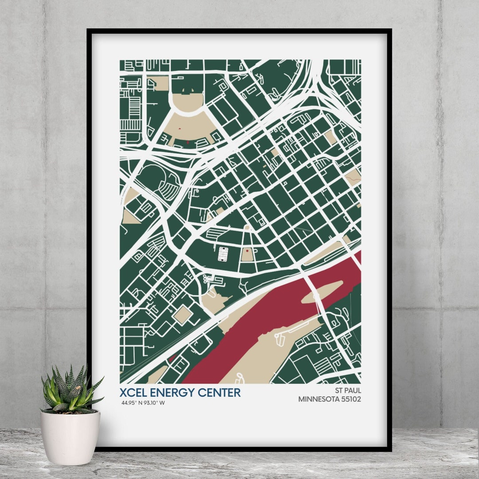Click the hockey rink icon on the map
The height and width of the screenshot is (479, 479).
(x=223, y=254)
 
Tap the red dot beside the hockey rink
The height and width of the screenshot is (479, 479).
(x=247, y=251)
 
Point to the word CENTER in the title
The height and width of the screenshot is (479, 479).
(x=220, y=392)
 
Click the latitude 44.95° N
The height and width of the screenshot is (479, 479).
(x=132, y=403)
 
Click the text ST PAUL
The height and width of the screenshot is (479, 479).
(x=349, y=390)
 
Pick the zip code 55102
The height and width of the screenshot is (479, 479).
(x=351, y=399)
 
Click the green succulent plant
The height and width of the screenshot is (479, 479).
(x=70, y=391)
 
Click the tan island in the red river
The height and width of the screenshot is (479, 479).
(x=323, y=292)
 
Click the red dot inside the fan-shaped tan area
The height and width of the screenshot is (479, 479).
(x=180, y=128)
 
